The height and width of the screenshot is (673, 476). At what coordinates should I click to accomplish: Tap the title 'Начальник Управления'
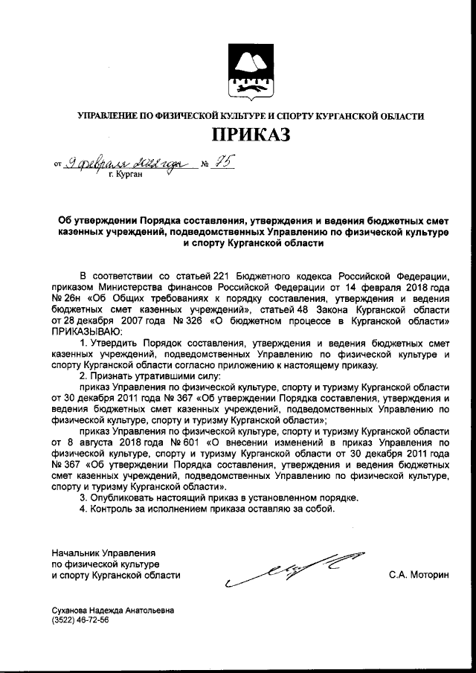pos(103,553)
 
